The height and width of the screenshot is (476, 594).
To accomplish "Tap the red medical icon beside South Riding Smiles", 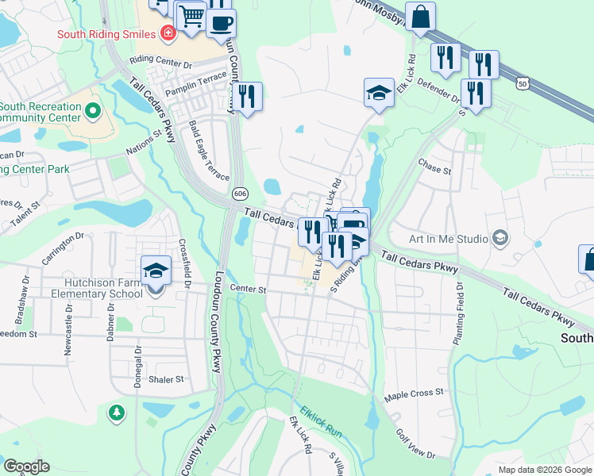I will [168, 33].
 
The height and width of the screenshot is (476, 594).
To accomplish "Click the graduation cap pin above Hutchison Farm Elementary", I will [156, 271].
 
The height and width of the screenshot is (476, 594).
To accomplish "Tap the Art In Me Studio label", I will [447, 238].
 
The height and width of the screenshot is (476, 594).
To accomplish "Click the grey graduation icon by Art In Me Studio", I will [500, 237].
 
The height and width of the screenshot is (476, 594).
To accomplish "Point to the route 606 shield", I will [239, 194].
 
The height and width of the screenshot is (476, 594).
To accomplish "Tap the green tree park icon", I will [117, 413].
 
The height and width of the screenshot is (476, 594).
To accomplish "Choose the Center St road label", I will [247, 289].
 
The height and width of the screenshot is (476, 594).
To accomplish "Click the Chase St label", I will [434, 170].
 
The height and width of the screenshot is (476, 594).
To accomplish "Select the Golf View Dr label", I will [415, 444].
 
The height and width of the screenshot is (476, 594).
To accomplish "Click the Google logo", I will [27, 466].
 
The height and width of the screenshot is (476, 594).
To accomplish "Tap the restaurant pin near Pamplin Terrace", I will [246, 97].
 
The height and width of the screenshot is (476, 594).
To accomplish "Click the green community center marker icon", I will [92, 110].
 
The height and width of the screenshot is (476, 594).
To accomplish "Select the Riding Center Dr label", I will [161, 60].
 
